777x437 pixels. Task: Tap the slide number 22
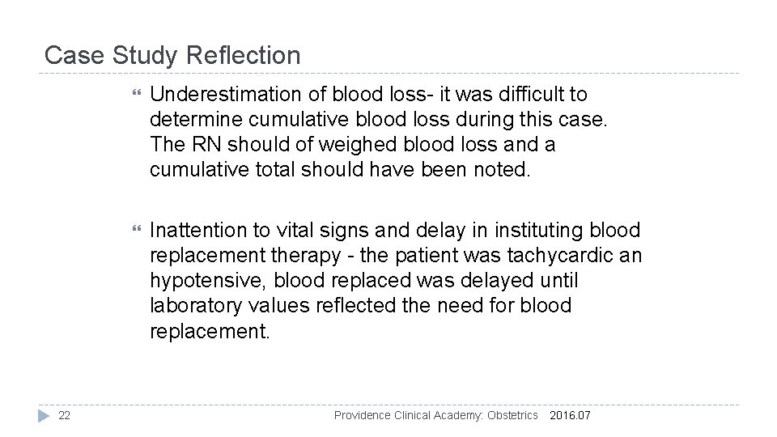point(65,415)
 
